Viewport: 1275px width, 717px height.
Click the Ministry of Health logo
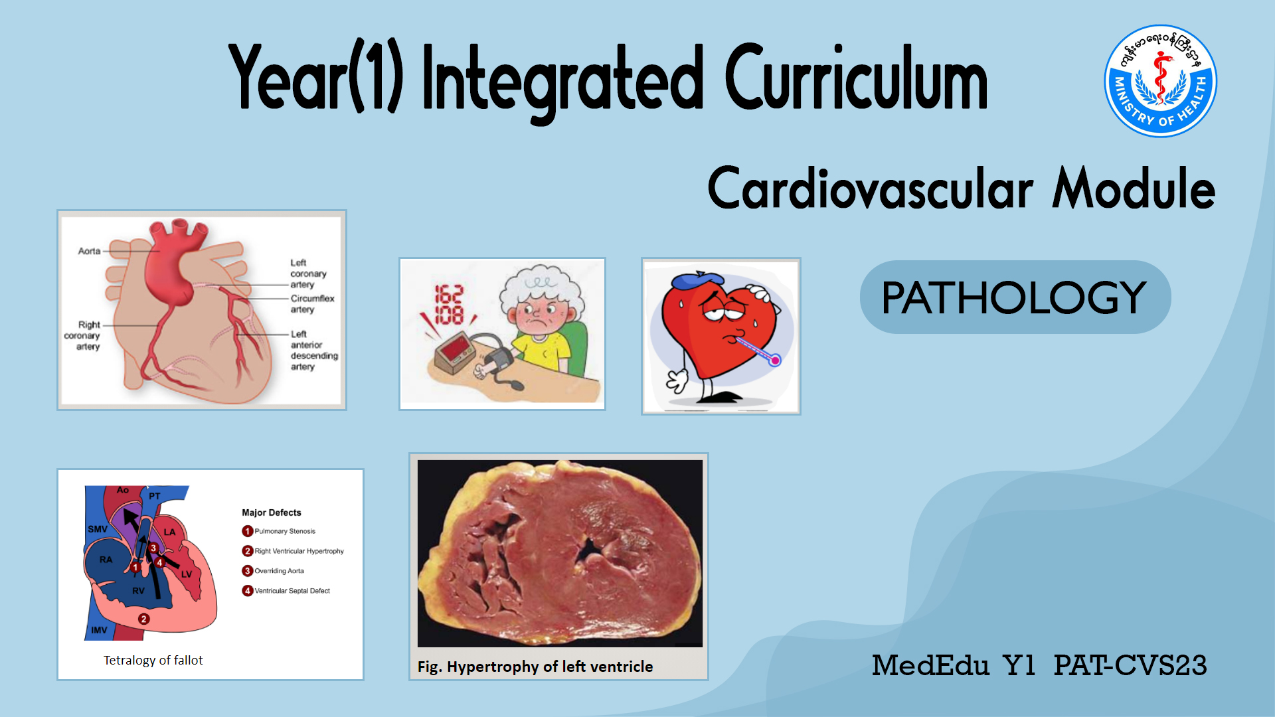(x=1160, y=81)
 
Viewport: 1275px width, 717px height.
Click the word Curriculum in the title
(x=857, y=78)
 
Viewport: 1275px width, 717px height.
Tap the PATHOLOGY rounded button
(x=1015, y=297)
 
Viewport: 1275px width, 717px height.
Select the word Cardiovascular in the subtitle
(x=870, y=189)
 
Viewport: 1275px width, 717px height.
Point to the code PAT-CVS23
(x=1130, y=665)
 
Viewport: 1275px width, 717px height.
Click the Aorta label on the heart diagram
(x=89, y=251)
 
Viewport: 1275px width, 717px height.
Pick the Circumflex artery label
(x=312, y=304)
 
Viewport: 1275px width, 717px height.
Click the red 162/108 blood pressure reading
(x=449, y=305)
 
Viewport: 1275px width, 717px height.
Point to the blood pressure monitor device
(x=454, y=352)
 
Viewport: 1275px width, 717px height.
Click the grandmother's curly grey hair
(x=541, y=285)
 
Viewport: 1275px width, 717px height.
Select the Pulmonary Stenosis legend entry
(x=279, y=531)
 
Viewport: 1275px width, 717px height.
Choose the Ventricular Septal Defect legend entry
(x=286, y=591)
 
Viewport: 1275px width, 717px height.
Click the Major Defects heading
(x=272, y=513)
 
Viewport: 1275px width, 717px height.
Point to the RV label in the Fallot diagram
(x=138, y=591)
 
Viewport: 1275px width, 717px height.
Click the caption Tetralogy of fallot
(x=153, y=661)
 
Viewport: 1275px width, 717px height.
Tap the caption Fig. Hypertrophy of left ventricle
(x=535, y=667)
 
